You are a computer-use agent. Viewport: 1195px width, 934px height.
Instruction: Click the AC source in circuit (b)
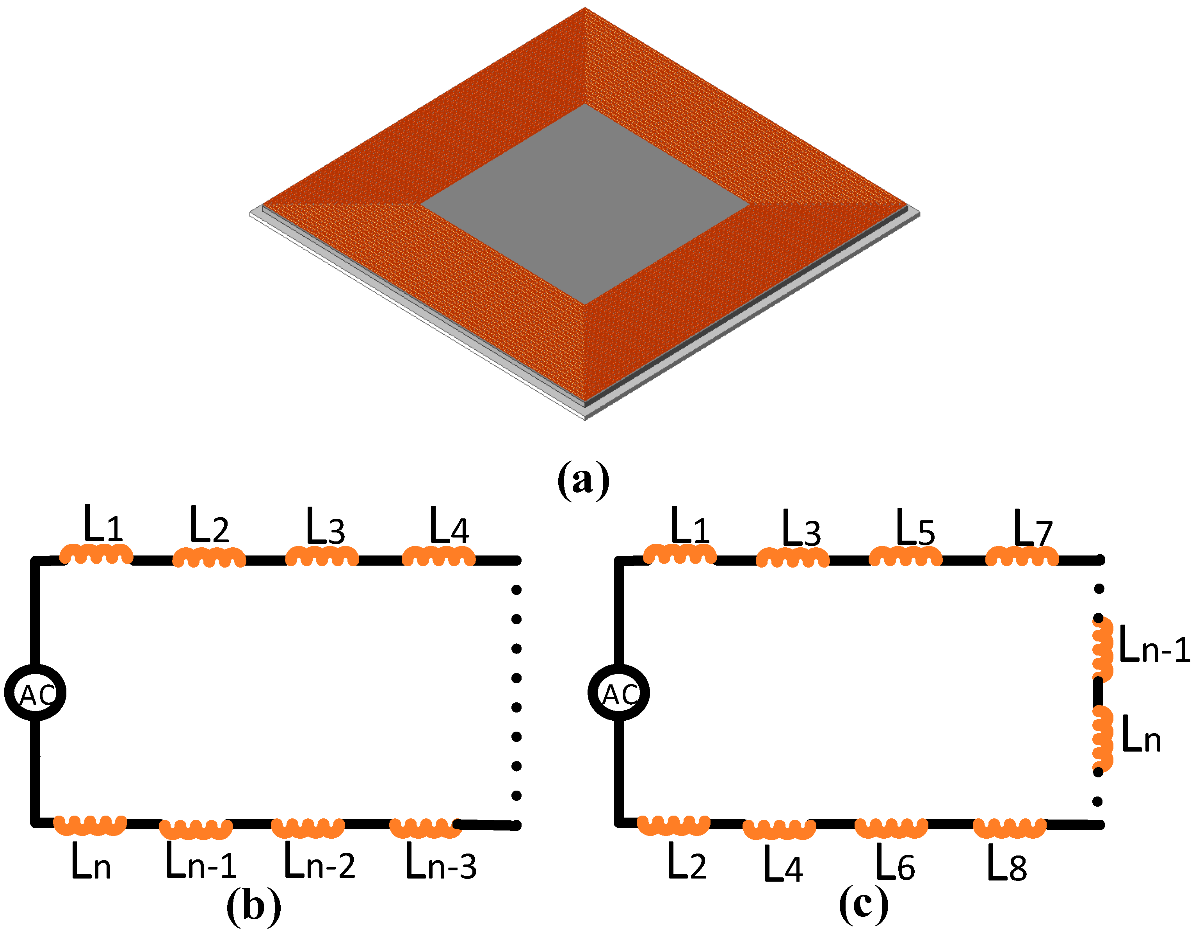[35, 693]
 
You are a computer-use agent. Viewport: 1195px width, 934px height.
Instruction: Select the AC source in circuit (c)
[618, 693]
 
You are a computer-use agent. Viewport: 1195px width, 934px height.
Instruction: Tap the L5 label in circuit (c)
[915, 528]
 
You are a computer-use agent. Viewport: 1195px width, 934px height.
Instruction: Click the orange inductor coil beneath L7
[1022, 556]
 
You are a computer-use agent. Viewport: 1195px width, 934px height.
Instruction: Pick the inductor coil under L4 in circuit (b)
[438, 557]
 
